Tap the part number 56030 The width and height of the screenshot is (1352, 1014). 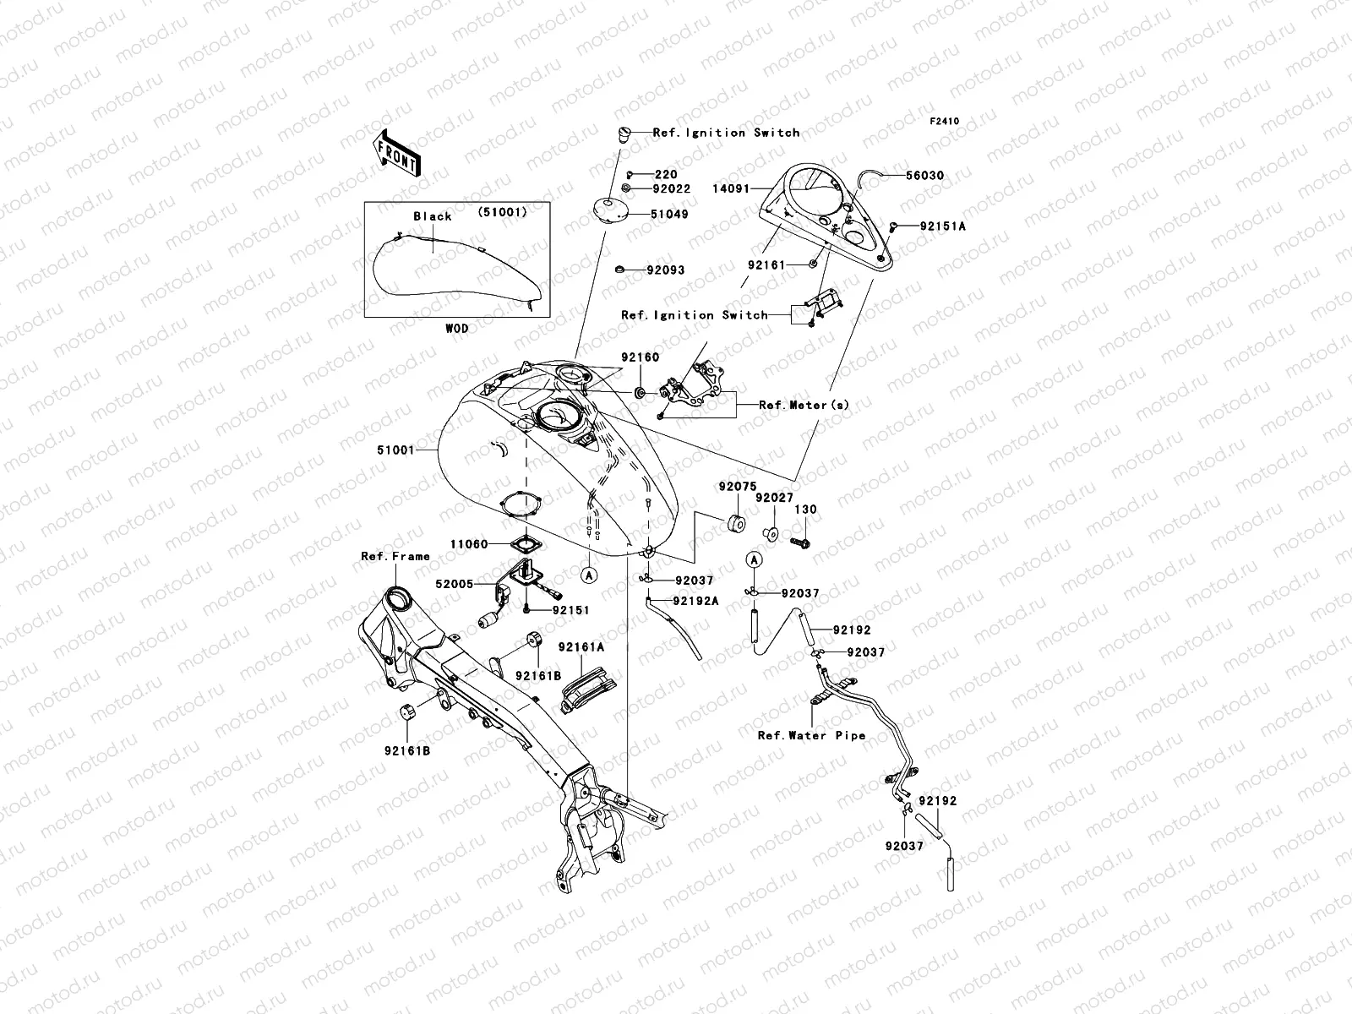coord(924,176)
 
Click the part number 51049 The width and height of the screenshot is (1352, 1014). coord(669,215)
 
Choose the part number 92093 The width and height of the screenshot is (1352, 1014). coord(666,270)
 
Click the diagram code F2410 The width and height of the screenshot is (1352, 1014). coord(945,121)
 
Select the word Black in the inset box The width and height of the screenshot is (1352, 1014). coord(433,216)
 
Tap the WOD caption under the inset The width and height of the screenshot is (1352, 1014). coord(456,328)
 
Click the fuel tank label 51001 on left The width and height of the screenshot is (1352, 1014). coord(395,450)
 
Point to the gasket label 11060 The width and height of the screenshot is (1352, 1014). coord(468,544)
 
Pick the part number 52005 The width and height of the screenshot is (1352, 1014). coord(454,583)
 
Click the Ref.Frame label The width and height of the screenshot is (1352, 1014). coord(395,556)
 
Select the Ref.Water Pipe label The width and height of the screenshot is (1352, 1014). coord(811,735)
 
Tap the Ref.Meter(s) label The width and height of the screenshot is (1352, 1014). coord(804,405)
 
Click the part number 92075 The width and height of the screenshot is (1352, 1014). coord(738,487)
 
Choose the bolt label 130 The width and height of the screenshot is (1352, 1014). coord(806,510)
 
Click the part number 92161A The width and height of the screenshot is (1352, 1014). coord(581,647)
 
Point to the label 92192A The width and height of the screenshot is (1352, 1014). coord(695,601)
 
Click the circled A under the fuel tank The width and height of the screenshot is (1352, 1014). coord(590,574)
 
